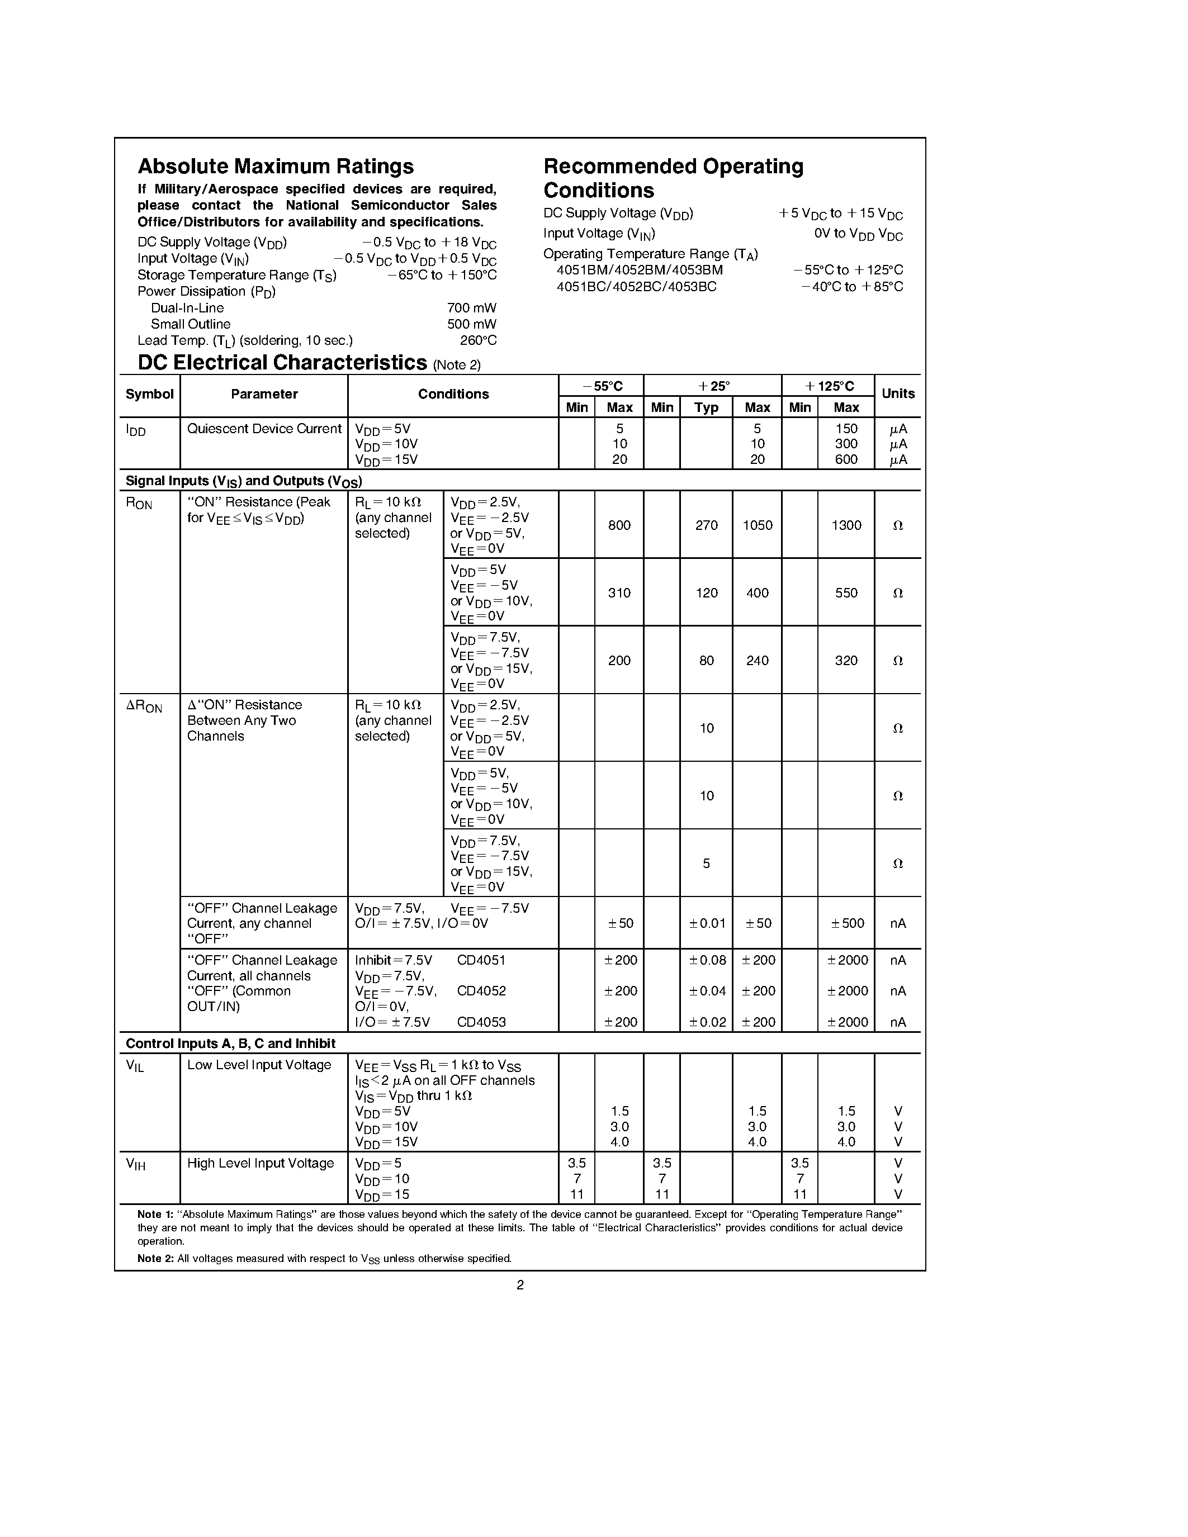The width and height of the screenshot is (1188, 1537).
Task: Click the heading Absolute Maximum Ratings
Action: point(275,166)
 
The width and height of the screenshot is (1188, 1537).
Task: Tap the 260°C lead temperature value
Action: point(478,340)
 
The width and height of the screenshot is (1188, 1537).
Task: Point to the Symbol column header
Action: point(149,394)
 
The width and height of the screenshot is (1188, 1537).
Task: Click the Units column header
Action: point(897,394)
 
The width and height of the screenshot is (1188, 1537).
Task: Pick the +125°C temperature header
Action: point(829,386)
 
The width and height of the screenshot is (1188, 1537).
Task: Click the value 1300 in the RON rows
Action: point(845,525)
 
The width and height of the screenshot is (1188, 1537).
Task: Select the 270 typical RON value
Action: point(706,525)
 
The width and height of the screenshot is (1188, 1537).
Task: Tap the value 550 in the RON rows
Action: point(845,592)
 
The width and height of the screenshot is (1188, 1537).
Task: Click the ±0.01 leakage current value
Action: point(706,923)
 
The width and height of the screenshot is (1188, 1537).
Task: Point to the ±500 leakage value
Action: point(846,923)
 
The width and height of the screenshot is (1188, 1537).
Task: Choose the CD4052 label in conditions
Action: point(481,991)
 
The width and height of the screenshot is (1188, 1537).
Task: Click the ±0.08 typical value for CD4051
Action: point(706,960)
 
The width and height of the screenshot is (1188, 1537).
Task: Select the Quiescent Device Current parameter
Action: point(264,429)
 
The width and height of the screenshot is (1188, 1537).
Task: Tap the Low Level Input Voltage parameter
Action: point(258,1065)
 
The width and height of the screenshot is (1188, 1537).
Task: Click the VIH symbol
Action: point(135,1164)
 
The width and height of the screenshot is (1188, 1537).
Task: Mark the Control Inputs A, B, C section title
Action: point(230,1043)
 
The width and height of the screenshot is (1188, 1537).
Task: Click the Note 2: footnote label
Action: point(155,1258)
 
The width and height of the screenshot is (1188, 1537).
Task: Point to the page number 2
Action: point(520,1285)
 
